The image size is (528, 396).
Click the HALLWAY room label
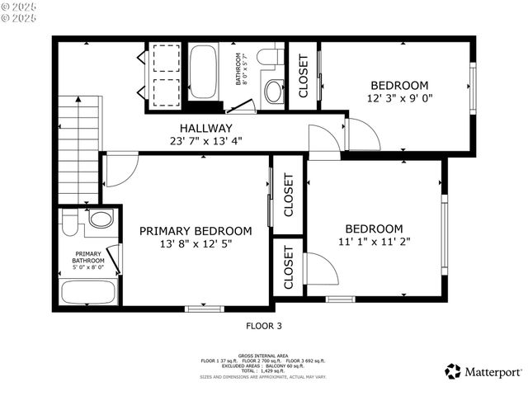(205, 128)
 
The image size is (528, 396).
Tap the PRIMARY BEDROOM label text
(195, 230)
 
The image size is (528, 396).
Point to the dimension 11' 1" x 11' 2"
(374, 242)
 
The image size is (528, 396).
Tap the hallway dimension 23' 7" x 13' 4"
(205, 140)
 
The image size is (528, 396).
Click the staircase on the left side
(79, 148)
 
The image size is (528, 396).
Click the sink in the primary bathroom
(101, 219)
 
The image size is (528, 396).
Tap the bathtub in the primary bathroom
(89, 292)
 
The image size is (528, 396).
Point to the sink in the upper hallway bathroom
(272, 90)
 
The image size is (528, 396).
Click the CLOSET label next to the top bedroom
(303, 76)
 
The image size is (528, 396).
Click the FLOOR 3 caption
(263, 326)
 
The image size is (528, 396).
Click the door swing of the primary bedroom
(120, 169)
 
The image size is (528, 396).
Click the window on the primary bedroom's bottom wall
(205, 309)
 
